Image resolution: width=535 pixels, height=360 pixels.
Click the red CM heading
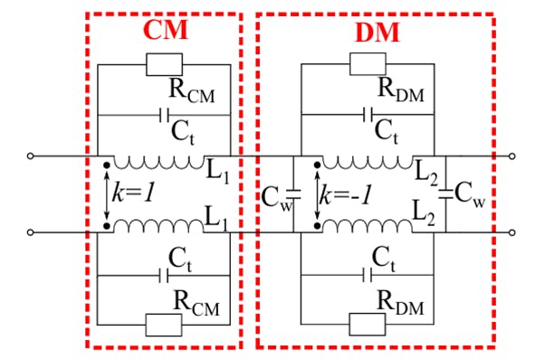click(165, 30)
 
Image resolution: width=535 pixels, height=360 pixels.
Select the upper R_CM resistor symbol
click(164, 63)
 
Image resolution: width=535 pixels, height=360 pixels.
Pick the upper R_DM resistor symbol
click(368, 63)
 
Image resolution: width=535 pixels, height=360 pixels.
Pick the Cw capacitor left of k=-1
click(292, 194)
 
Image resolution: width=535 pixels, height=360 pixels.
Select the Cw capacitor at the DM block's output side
click(445, 194)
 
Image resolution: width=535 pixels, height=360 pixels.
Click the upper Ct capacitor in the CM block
click(164, 115)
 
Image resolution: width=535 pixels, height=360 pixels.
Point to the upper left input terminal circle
click(32, 156)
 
